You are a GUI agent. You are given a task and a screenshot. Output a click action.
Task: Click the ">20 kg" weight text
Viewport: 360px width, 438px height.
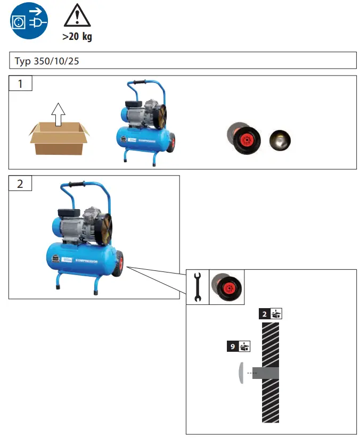[x=77, y=37]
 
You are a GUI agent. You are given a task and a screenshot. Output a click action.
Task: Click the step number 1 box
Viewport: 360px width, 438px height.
[x=20, y=84]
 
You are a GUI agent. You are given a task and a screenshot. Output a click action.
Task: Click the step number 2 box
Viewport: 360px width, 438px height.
[x=20, y=184]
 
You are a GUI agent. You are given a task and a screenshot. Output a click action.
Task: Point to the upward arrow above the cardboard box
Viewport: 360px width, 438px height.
[x=58, y=113]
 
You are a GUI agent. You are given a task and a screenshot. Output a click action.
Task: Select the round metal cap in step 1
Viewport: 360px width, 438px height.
[x=280, y=139]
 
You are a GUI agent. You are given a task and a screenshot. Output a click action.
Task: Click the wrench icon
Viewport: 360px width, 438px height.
[x=197, y=287]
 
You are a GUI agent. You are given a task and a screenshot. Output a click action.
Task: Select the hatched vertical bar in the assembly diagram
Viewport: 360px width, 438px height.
[x=271, y=367]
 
